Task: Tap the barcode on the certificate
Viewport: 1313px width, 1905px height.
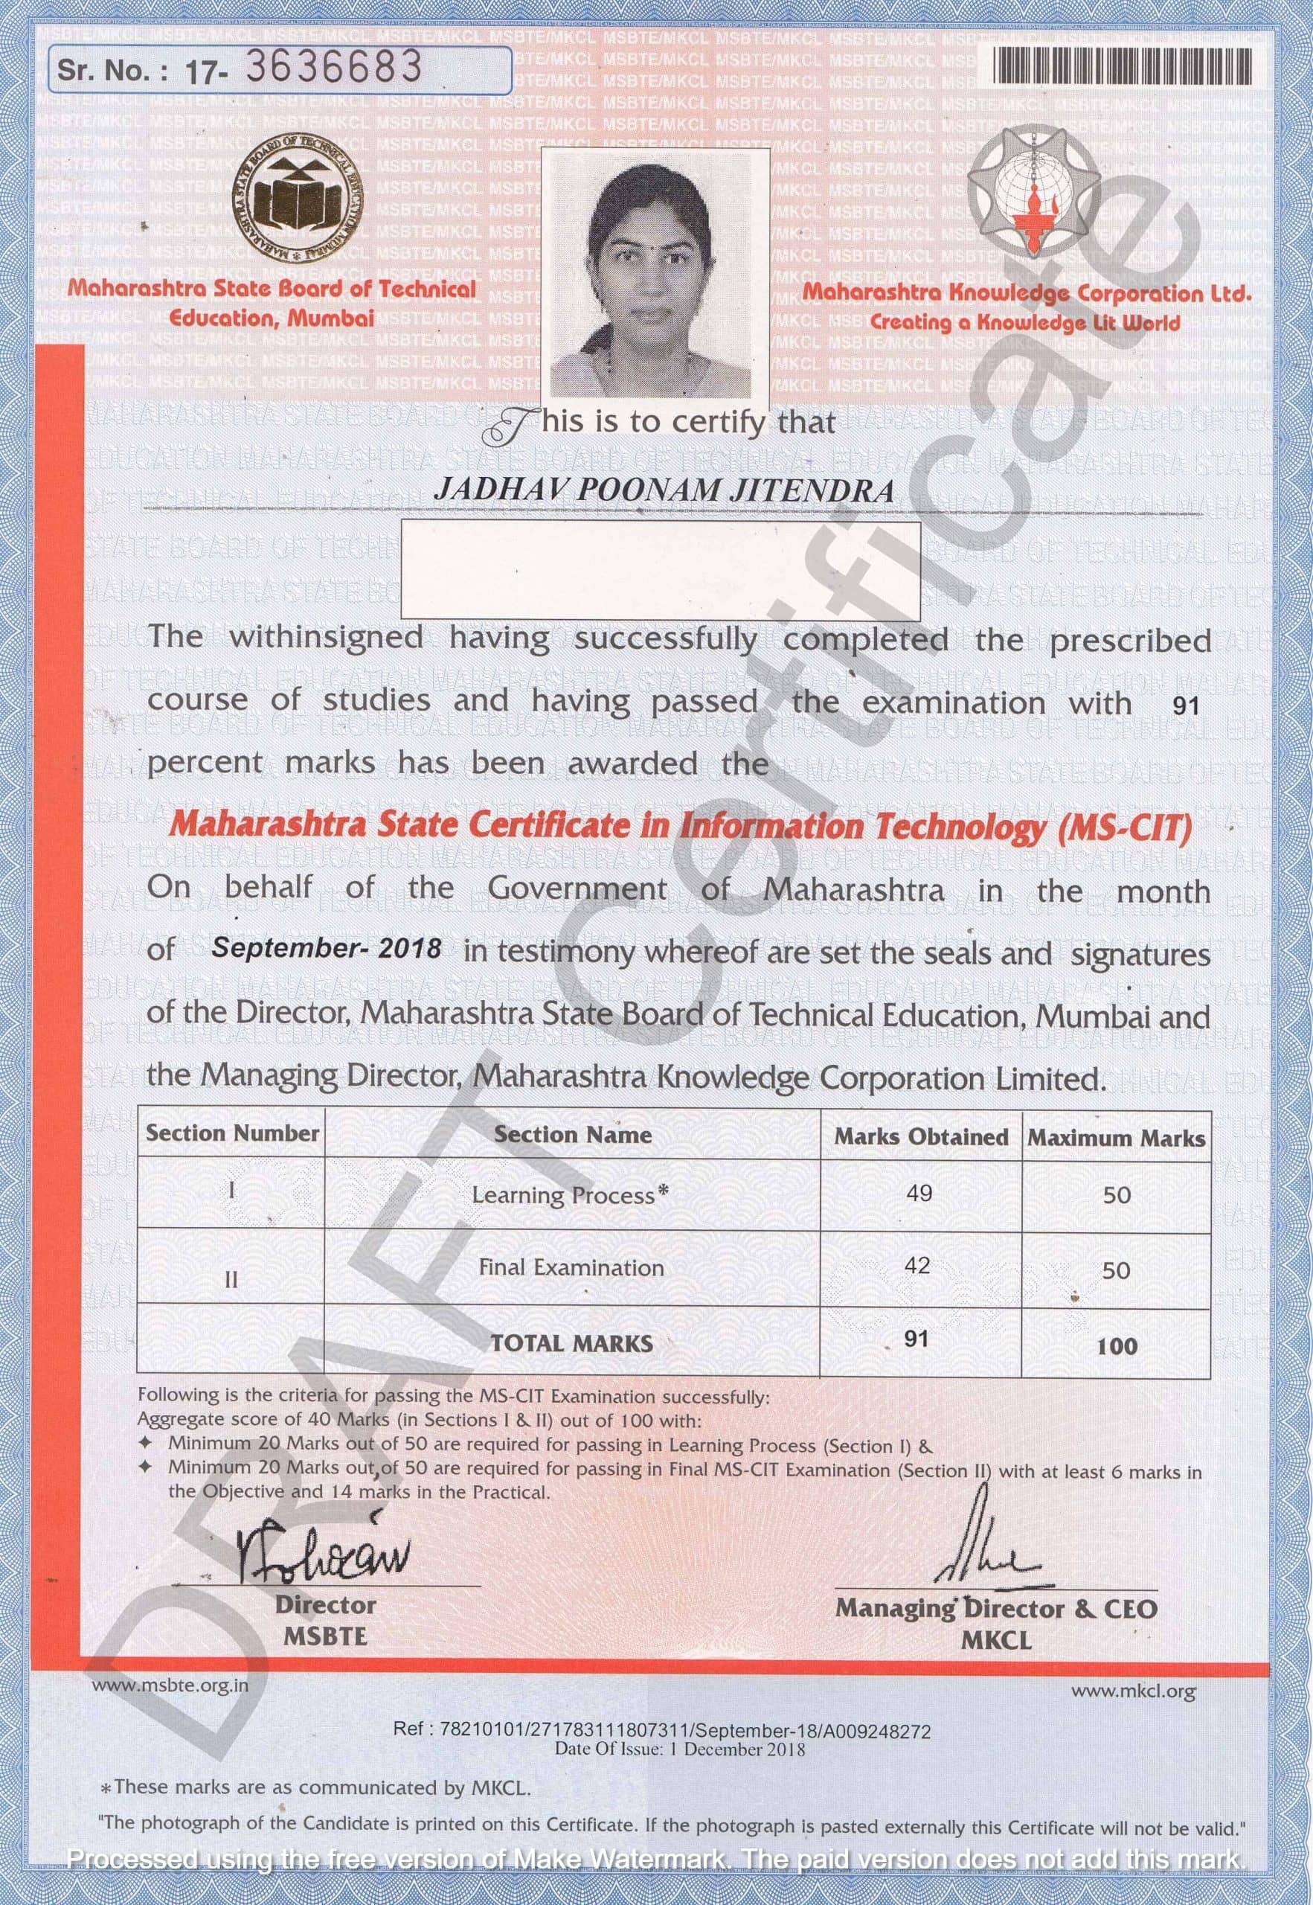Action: point(1125,65)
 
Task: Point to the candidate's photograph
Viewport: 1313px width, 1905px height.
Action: point(655,273)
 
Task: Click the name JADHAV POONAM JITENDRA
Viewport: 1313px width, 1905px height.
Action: point(663,490)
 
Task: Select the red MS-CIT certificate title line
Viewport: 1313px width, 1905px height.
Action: point(679,826)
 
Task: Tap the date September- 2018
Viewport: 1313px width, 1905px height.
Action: point(327,948)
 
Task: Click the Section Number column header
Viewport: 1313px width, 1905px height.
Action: point(232,1133)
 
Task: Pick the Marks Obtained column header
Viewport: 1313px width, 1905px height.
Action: point(920,1137)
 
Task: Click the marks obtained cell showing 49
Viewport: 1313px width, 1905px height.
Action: point(919,1192)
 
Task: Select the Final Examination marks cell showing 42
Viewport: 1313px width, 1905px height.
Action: point(917,1265)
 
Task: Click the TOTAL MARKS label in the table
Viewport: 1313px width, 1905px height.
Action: point(572,1344)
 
